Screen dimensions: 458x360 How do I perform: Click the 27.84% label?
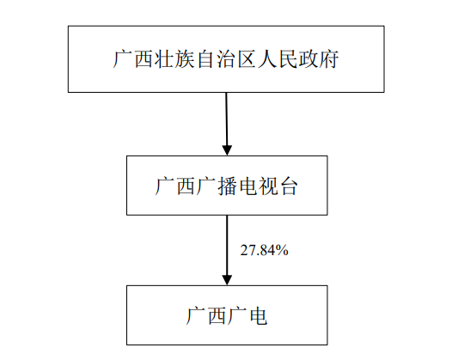[x=264, y=250]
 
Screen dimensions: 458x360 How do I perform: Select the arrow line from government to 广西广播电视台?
[x=227, y=124]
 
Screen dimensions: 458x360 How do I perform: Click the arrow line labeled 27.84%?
[x=227, y=250]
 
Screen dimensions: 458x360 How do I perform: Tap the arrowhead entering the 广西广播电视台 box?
[x=227, y=150]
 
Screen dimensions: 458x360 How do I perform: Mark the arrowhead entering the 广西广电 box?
[x=227, y=280]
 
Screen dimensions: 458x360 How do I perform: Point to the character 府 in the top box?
[x=329, y=59]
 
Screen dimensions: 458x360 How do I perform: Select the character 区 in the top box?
[x=247, y=59]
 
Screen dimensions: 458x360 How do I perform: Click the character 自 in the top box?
[x=205, y=59]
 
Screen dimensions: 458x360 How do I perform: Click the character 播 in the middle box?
[x=227, y=186]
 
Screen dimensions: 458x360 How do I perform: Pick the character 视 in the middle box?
[x=268, y=186]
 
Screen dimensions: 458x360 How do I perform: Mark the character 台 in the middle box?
[x=289, y=186]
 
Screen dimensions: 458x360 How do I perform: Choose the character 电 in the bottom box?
[x=258, y=315]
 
